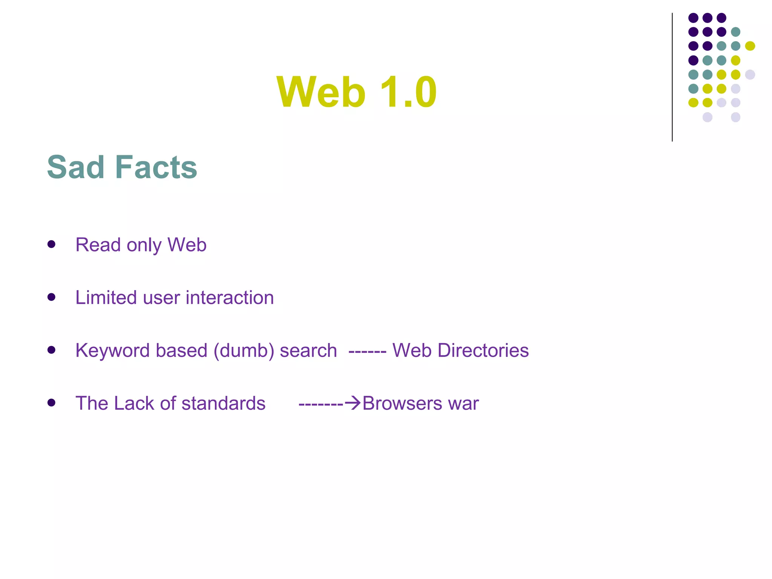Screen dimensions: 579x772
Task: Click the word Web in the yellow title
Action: (321, 92)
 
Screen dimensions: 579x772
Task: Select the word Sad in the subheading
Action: (75, 167)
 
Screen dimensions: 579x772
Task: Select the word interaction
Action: (230, 297)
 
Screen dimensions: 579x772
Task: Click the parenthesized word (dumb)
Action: (244, 351)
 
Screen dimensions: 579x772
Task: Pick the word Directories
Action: (483, 350)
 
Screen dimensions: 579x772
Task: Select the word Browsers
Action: (402, 403)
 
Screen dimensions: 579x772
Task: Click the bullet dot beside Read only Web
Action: (52, 244)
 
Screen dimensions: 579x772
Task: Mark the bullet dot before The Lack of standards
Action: (52, 403)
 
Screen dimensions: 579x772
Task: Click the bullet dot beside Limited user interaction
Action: (52, 297)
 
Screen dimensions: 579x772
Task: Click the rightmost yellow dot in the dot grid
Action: (750, 46)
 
